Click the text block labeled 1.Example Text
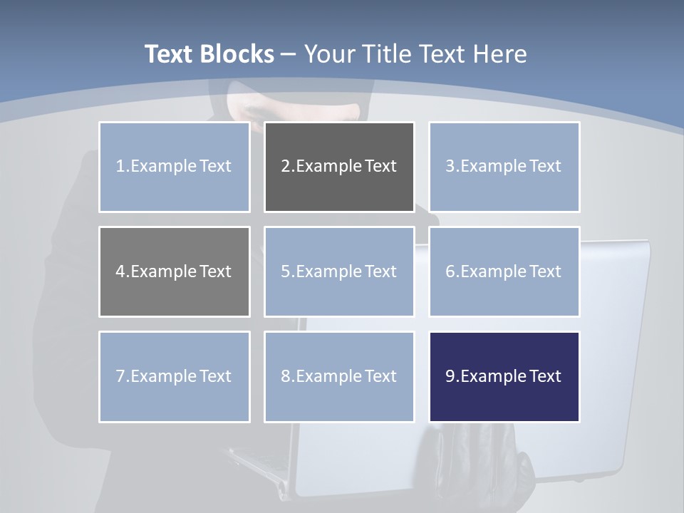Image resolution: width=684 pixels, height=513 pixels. pos(174,167)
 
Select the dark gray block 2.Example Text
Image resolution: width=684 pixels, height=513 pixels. pos(339,167)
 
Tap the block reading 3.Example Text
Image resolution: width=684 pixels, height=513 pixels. pos(504,167)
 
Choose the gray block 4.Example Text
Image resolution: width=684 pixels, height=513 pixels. pos(174,271)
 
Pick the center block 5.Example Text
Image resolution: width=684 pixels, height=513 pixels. pos(339,271)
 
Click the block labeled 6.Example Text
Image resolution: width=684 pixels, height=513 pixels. pos(504,271)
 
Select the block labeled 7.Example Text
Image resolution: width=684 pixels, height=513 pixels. pos(174,376)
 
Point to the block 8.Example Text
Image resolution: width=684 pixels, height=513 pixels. pos(339,376)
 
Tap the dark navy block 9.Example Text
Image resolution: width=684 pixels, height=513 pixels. pos(504,376)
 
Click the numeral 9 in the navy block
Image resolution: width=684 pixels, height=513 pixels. pos(450,376)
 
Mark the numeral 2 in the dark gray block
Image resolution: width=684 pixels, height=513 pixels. pos(285,167)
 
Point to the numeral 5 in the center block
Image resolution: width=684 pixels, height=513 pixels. pos(285,271)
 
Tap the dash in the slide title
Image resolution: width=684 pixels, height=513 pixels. pos(289,54)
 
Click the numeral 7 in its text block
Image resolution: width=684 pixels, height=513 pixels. pos(120,376)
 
